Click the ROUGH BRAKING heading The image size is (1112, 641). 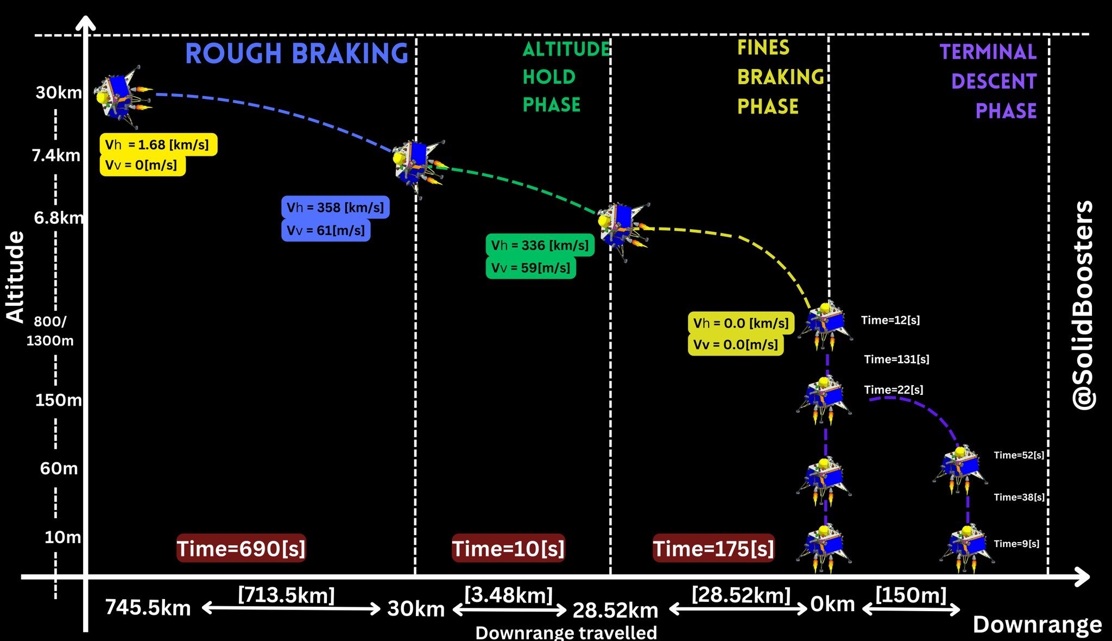click(x=296, y=54)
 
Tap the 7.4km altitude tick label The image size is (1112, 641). click(x=56, y=155)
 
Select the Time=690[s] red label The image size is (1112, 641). click(x=241, y=548)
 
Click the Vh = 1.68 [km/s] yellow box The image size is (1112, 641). click(x=158, y=144)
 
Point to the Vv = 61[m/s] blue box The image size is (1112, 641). click(x=326, y=230)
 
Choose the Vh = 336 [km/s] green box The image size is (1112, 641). click(x=540, y=245)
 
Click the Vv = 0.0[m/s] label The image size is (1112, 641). click(x=736, y=344)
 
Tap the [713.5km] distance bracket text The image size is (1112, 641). click(x=286, y=595)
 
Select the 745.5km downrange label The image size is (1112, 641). click(x=148, y=607)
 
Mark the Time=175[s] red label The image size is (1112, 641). click(x=713, y=548)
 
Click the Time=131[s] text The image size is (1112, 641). click(x=896, y=359)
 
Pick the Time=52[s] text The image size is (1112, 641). click(x=1019, y=455)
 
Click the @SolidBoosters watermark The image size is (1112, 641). click(x=1084, y=305)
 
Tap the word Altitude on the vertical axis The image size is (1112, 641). click(x=15, y=277)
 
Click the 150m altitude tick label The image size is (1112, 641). click(x=59, y=400)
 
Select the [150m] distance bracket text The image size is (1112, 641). click(x=911, y=595)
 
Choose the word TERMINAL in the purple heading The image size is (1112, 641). click(x=988, y=52)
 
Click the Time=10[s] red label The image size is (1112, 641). click(x=508, y=548)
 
